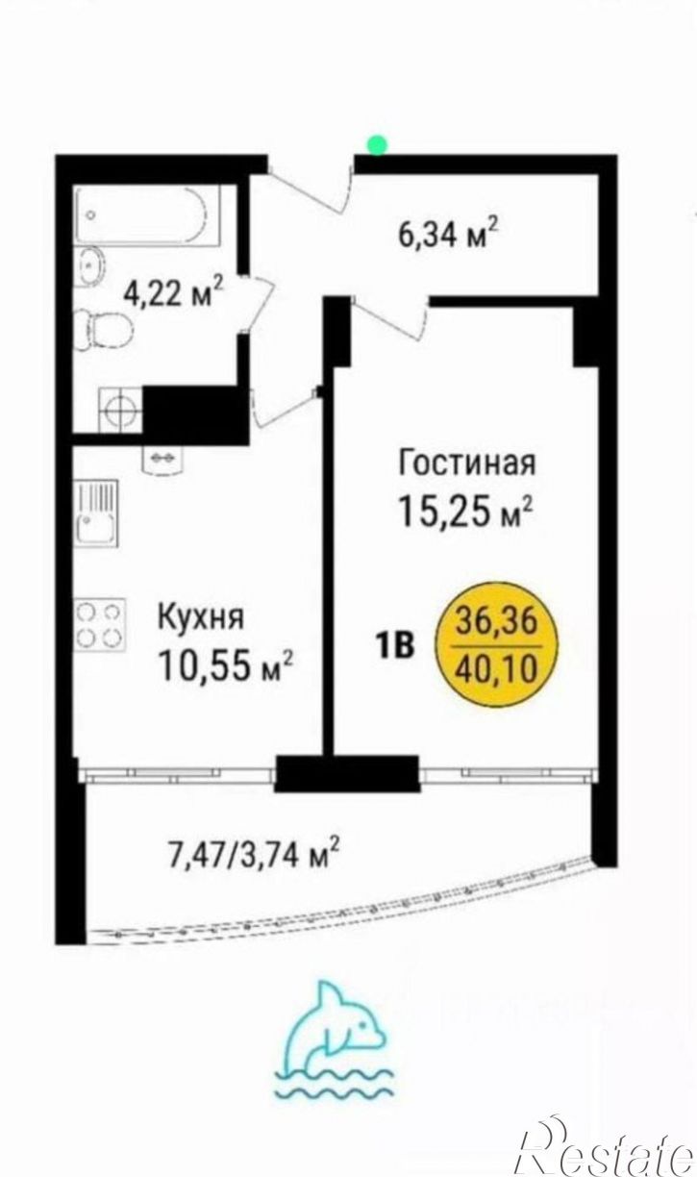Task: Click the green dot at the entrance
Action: (378, 144)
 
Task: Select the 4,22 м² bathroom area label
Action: (173, 291)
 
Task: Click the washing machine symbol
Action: (120, 409)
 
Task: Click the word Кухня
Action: (201, 616)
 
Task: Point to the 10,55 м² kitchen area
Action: (228, 664)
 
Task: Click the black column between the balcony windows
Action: (347, 773)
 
